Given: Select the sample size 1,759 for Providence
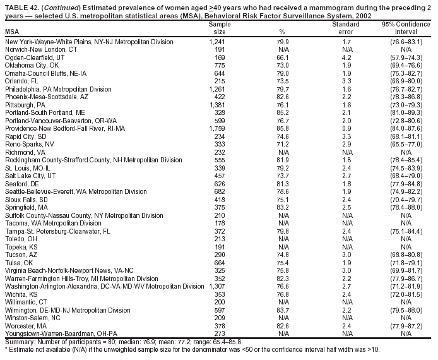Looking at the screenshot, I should [x=216, y=128].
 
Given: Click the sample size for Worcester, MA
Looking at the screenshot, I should [x=216, y=327].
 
